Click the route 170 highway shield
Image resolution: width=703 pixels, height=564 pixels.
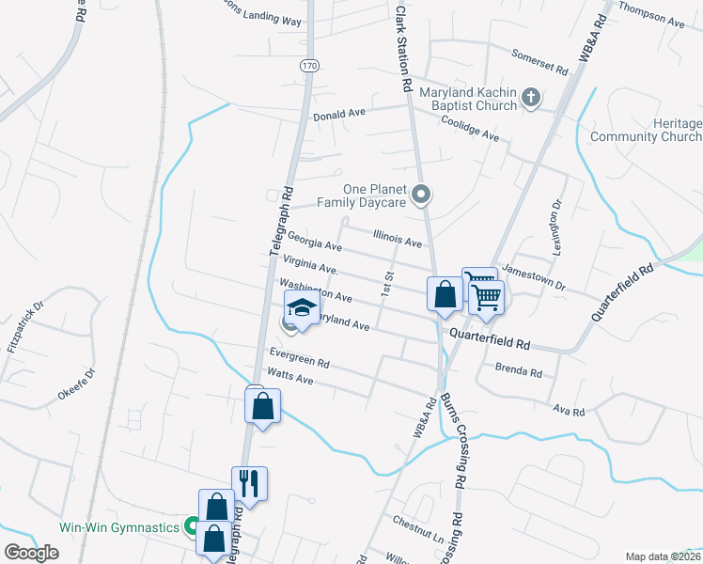point(309,65)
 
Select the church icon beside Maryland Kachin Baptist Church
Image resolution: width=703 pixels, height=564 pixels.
point(531,97)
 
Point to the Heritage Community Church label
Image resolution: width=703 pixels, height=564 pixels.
point(646,131)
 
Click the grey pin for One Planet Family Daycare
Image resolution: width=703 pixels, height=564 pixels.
point(423,195)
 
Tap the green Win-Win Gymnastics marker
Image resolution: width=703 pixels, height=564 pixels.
point(192,526)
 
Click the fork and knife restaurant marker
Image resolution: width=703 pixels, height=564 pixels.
point(249,483)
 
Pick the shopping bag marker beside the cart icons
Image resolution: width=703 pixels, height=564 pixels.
point(445,294)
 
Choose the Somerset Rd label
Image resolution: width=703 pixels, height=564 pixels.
point(539,62)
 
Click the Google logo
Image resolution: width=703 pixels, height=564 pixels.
point(31,553)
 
